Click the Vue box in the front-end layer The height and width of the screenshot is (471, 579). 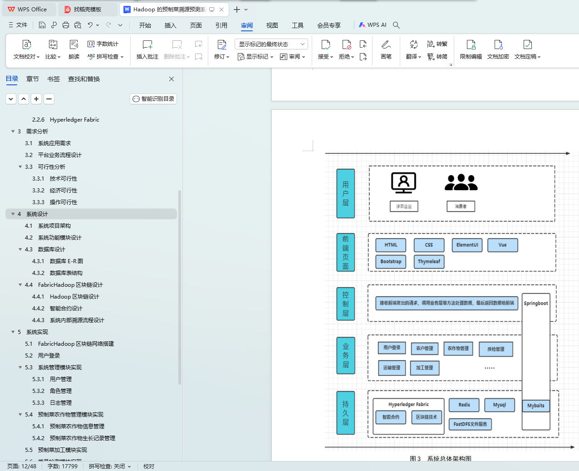502,245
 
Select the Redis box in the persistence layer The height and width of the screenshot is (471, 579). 464,405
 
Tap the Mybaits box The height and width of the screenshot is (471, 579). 535,406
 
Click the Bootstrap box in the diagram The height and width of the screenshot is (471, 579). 391,261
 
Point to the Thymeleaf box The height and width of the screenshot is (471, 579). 429,261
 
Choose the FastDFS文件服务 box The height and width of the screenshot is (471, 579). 470,424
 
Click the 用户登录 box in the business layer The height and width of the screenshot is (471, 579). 392,348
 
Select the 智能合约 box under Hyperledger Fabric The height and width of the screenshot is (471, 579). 391,417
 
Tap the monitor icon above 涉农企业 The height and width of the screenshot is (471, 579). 403,183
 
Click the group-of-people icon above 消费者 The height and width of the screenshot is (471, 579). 461,182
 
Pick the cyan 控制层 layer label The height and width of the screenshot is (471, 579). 345,304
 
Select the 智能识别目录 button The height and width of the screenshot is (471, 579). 153,99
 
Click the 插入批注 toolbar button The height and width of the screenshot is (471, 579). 147,49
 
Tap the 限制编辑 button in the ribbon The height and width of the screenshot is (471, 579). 471,49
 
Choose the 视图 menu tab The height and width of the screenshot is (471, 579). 272,25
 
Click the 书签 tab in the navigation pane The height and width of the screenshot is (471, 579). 54,79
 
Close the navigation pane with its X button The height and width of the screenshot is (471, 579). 172,79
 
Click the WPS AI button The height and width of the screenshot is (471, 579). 373,25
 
